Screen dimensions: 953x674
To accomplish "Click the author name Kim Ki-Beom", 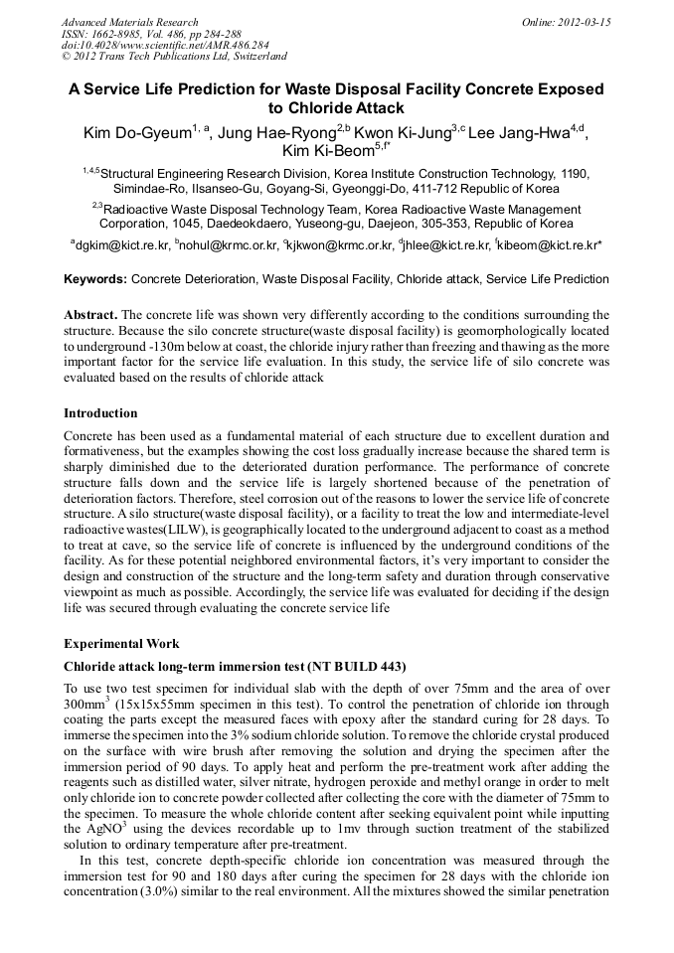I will pyautogui.click(x=327, y=151).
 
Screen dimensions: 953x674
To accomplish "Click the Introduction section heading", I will pyautogui.click(x=100, y=412).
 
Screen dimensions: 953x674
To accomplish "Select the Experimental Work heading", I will pyautogui.click(x=121, y=644).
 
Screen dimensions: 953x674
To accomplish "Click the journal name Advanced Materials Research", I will pyautogui.click(x=129, y=22).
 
